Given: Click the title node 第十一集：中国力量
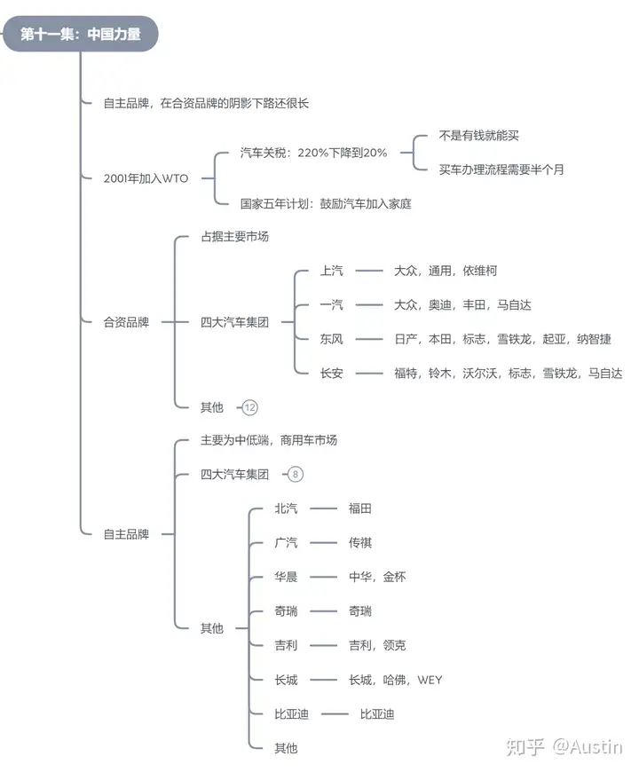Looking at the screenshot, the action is (x=80, y=34).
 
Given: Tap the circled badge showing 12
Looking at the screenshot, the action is (x=250, y=407).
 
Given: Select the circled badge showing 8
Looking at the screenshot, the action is (x=296, y=474).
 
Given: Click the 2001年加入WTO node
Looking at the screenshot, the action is (x=146, y=178).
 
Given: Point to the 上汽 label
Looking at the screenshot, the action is (x=331, y=271).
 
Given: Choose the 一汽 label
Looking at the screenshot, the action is (x=331, y=304).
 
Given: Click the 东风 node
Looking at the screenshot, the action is (x=331, y=339).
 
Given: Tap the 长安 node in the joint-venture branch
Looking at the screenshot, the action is (x=331, y=374).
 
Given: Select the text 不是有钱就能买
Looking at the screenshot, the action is (x=478, y=136).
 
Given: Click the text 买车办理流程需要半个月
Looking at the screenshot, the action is (x=501, y=169).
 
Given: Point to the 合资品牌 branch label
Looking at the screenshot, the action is (x=126, y=322).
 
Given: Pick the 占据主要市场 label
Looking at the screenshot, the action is (x=234, y=237).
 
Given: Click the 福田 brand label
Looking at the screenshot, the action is (x=359, y=508).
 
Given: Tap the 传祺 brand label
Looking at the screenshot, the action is (x=359, y=542).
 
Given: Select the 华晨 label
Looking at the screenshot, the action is (x=286, y=577).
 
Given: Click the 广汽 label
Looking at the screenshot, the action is (x=286, y=542).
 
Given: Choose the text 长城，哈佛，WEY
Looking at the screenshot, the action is (x=395, y=680).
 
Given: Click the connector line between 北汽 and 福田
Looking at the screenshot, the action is (x=323, y=508).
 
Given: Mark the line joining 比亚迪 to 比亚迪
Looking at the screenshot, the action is (x=335, y=714).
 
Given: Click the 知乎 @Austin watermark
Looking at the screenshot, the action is (x=564, y=747).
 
